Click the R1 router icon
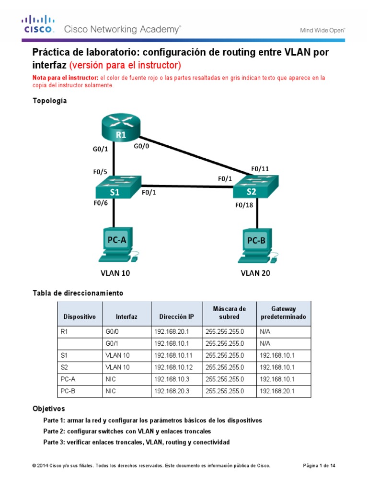point(120,128)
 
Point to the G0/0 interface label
point(141,147)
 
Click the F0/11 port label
point(260,169)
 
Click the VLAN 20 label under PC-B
point(256,274)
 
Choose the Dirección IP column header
point(177,317)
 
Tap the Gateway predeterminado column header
point(283,313)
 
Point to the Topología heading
point(49,101)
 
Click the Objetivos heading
point(48,409)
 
